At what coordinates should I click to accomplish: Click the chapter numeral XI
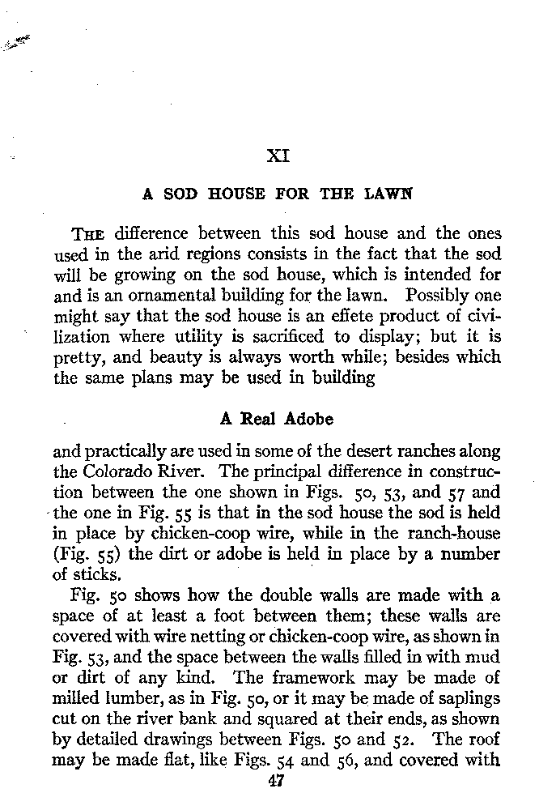(278, 154)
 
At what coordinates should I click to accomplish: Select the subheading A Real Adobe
(277, 420)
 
